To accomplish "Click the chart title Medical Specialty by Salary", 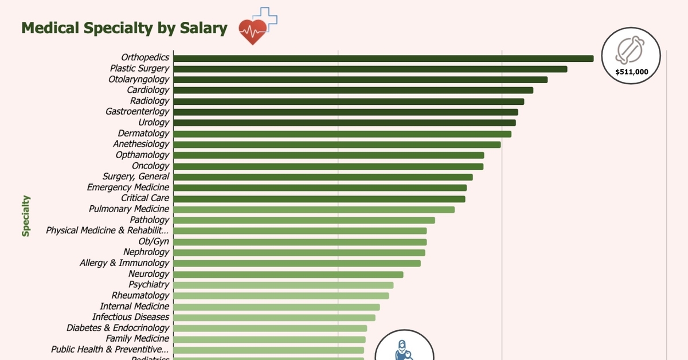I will pyautogui.click(x=124, y=28).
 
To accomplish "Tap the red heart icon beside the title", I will pyautogui.click(x=253, y=31).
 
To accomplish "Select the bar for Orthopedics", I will pyautogui.click(x=383, y=58).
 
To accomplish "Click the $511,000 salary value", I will pyautogui.click(x=631, y=72).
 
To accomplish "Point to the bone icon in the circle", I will pyautogui.click(x=630, y=50).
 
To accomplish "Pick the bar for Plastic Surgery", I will pyautogui.click(x=370, y=69).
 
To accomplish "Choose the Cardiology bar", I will pyautogui.click(x=353, y=90).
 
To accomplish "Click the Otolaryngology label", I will pyautogui.click(x=139, y=79).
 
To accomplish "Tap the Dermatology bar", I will pyautogui.click(x=342, y=134).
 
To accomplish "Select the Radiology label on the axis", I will pyautogui.click(x=150, y=101).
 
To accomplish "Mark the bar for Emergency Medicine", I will pyautogui.click(x=320, y=187).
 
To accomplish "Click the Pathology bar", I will pyautogui.click(x=304, y=220).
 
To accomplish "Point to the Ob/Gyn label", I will pyautogui.click(x=154, y=241).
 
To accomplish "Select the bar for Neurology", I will pyautogui.click(x=288, y=274).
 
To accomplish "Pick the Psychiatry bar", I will pyautogui.click(x=283, y=285).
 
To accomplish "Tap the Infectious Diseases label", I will pyautogui.click(x=131, y=317).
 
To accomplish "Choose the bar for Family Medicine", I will pyautogui.click(x=269, y=339).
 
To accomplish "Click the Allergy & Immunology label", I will pyautogui.click(x=124, y=263).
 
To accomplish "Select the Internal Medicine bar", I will pyautogui.click(x=276, y=307).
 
